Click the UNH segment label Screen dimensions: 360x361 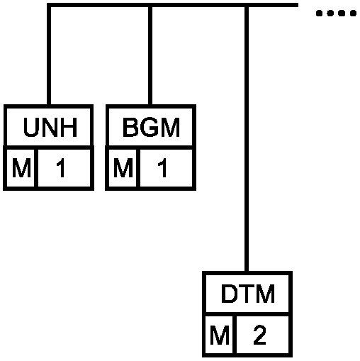tap(50, 127)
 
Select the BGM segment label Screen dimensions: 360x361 tap(151, 127)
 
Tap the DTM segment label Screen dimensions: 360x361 tap(248, 294)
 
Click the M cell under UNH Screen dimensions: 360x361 tap(21, 168)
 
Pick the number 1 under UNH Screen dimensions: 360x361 tap(61, 168)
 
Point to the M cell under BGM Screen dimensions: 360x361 tap(123, 168)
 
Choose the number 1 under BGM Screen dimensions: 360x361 tap(162, 168)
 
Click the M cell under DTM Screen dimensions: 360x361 tap(220, 335)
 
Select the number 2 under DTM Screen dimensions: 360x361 tap(259, 335)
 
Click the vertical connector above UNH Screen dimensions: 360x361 tap(49, 55)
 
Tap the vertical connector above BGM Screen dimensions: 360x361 tap(150, 55)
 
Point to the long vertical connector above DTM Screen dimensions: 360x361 tap(247, 139)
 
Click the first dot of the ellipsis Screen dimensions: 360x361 tap(319, 13)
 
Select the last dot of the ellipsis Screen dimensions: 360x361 tap(353, 13)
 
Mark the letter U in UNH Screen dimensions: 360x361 tap(31, 128)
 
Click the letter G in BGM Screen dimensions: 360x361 tap(151, 128)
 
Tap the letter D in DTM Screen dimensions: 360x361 tap(229, 294)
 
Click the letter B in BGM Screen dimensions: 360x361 tap(130, 128)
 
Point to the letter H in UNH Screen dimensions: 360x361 tap(69, 128)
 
